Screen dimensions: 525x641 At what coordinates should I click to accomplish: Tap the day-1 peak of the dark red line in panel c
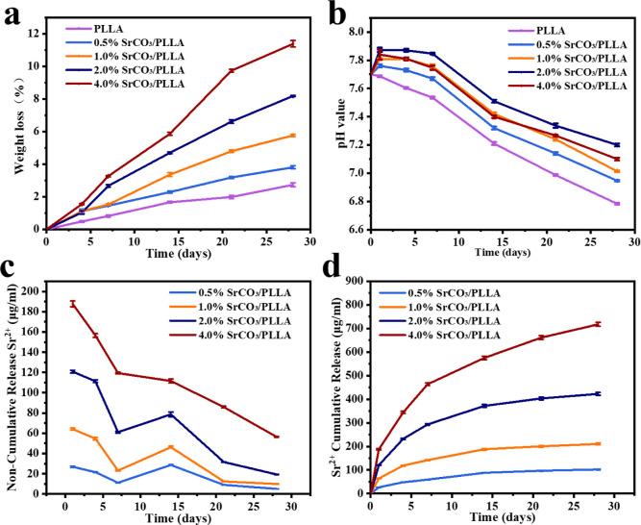point(72,304)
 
